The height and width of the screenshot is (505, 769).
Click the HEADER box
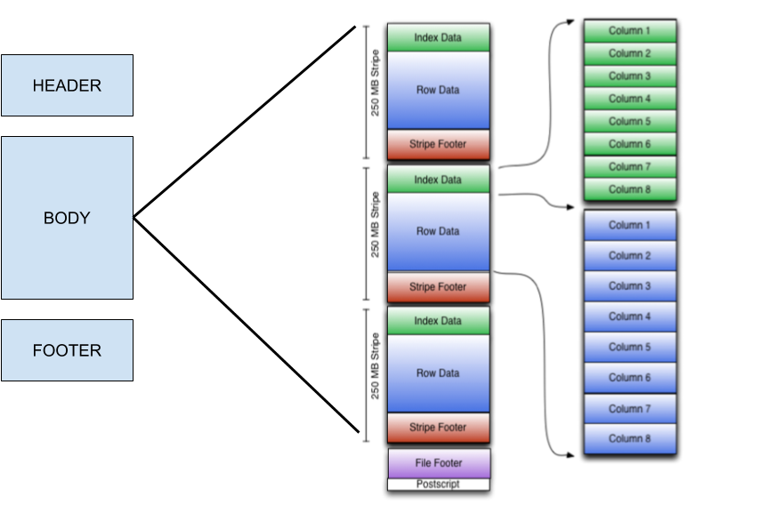67,85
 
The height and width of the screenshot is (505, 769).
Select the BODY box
67,218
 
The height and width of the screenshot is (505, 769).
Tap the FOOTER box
67,350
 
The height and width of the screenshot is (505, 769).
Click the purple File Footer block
438,463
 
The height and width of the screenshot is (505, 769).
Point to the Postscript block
438,485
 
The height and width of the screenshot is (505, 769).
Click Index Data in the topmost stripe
438,37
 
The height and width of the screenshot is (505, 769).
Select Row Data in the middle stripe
438,231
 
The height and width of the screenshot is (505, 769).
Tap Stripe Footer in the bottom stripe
438,428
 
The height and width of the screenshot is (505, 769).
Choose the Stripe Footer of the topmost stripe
438,144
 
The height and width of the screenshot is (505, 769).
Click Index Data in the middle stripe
438,180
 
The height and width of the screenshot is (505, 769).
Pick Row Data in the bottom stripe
438,373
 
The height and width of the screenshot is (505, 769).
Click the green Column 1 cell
629,31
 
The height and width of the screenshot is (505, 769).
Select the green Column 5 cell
629,121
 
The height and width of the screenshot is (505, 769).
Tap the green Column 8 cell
629,189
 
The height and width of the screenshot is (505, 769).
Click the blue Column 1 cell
629,225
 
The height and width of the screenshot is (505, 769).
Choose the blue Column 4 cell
629,317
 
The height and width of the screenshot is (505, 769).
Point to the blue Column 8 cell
629,438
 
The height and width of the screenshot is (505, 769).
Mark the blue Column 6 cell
629,378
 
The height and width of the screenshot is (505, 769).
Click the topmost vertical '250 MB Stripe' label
375,82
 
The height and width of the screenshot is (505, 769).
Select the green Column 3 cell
629,76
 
